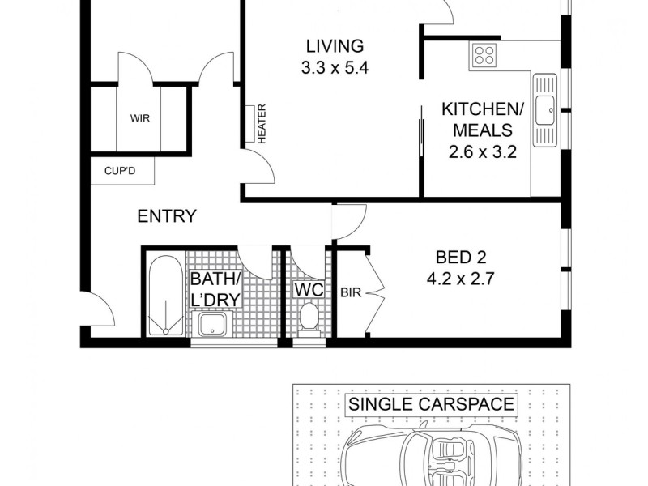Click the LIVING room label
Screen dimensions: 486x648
tap(334, 45)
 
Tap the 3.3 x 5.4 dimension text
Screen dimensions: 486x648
tap(334, 68)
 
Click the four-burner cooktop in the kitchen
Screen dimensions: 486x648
tap(484, 55)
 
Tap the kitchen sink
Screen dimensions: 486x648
tap(544, 106)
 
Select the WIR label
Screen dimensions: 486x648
tap(140, 117)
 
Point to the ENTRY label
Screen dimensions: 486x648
tap(166, 216)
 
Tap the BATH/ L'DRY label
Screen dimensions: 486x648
tap(215, 289)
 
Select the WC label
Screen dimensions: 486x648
tap(309, 289)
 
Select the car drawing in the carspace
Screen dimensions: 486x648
tap(430, 458)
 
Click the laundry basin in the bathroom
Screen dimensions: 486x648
tap(214, 323)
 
